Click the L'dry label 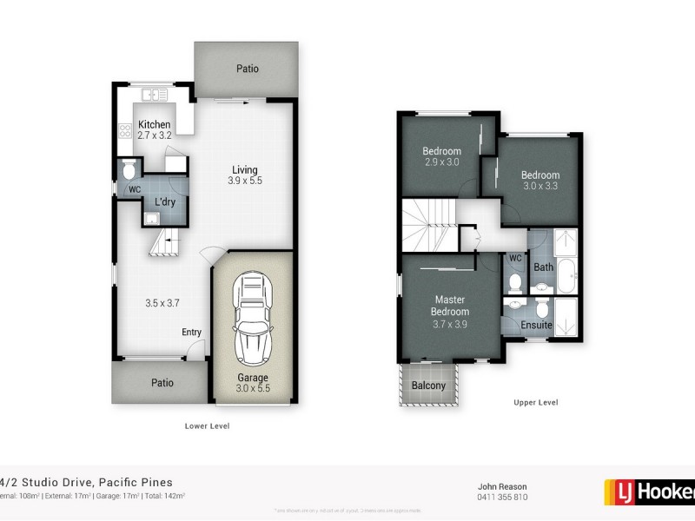[x=165, y=202]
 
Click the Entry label [x=191, y=333]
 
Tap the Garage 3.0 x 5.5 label [x=253, y=383]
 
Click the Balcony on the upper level [x=428, y=386]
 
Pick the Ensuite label [x=536, y=326]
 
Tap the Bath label [x=544, y=267]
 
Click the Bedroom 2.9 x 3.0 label [x=442, y=156]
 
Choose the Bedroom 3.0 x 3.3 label [x=539, y=180]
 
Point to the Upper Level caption [x=534, y=402]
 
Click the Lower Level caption [x=207, y=425]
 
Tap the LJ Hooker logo [x=649, y=492]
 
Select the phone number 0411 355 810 [x=502, y=498]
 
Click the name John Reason [x=502, y=486]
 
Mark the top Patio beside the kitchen [x=247, y=69]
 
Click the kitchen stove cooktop [x=124, y=132]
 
